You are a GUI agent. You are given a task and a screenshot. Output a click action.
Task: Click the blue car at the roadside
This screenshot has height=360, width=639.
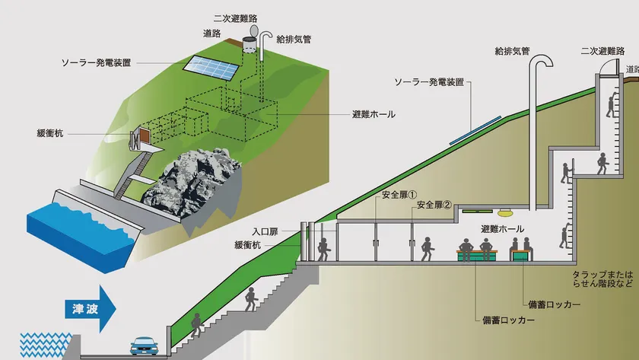click(x=144, y=346)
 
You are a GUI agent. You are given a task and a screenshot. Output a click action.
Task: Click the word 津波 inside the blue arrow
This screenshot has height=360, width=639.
click(x=85, y=309)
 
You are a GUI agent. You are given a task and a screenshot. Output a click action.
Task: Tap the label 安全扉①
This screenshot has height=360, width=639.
click(x=399, y=195)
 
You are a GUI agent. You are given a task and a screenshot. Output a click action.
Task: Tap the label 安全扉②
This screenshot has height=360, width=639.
click(x=434, y=205)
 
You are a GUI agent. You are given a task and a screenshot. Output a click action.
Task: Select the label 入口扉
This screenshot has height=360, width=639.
click(x=265, y=232)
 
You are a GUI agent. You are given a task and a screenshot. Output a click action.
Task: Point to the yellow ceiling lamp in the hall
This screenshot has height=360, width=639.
click(x=505, y=212)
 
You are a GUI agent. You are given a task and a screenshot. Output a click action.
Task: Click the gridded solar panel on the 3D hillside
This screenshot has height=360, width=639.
click(x=211, y=67)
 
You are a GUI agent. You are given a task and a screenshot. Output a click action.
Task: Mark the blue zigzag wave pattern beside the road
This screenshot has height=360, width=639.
click(x=45, y=345)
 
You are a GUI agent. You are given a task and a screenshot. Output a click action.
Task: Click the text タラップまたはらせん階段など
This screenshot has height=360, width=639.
click(x=602, y=279)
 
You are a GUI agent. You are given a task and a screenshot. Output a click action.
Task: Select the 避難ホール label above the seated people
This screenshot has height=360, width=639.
click(x=503, y=229)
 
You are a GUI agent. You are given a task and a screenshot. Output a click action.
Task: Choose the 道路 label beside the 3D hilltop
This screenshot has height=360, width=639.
click(x=212, y=33)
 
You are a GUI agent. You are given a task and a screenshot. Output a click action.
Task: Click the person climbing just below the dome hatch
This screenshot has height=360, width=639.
click(x=612, y=105)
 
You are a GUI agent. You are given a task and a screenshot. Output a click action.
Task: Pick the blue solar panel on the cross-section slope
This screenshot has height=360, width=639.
click(x=475, y=130)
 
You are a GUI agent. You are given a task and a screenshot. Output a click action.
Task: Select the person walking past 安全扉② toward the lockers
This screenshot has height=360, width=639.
click(x=427, y=249)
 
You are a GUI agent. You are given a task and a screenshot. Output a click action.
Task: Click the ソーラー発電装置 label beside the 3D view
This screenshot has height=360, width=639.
click(x=96, y=62)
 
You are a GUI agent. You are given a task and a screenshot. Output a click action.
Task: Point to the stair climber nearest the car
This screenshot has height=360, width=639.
click(x=196, y=325)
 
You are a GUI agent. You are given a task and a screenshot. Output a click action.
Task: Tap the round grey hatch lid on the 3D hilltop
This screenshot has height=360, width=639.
click(x=255, y=30)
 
